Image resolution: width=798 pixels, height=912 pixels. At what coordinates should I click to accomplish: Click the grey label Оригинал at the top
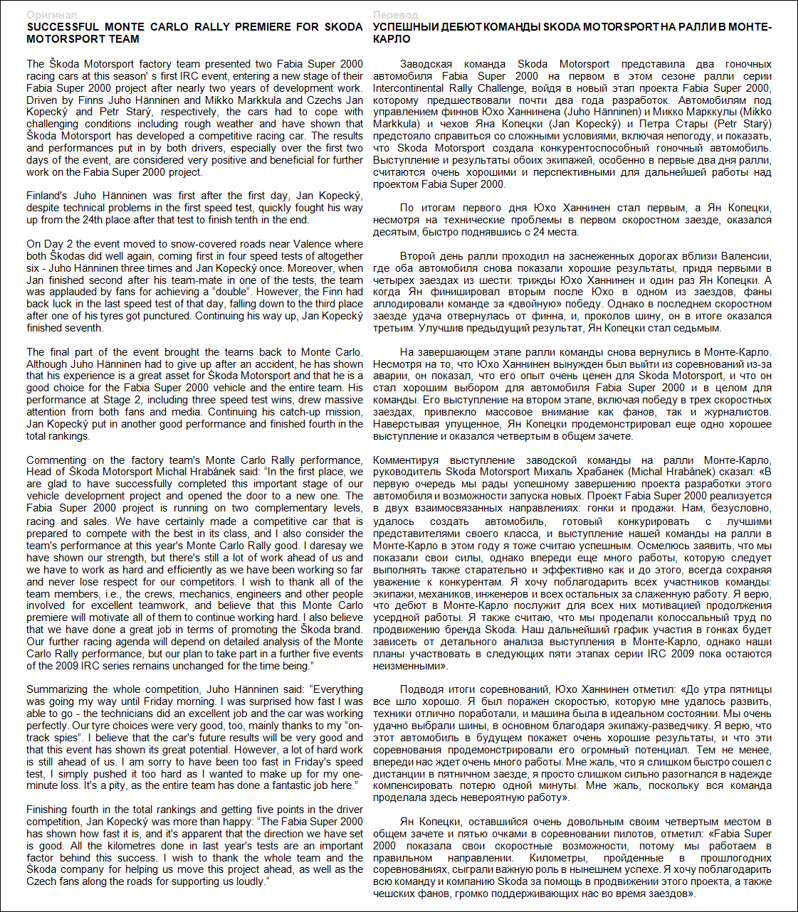(51, 15)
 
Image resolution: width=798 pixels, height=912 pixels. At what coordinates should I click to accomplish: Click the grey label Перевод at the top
(396, 15)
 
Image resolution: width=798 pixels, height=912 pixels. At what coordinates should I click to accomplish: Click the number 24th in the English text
(94, 220)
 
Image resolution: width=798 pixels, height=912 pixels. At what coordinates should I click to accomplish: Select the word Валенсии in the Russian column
(748, 256)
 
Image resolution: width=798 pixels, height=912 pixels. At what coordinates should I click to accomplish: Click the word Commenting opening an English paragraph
(56, 460)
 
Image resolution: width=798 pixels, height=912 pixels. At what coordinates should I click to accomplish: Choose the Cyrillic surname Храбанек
(607, 472)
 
